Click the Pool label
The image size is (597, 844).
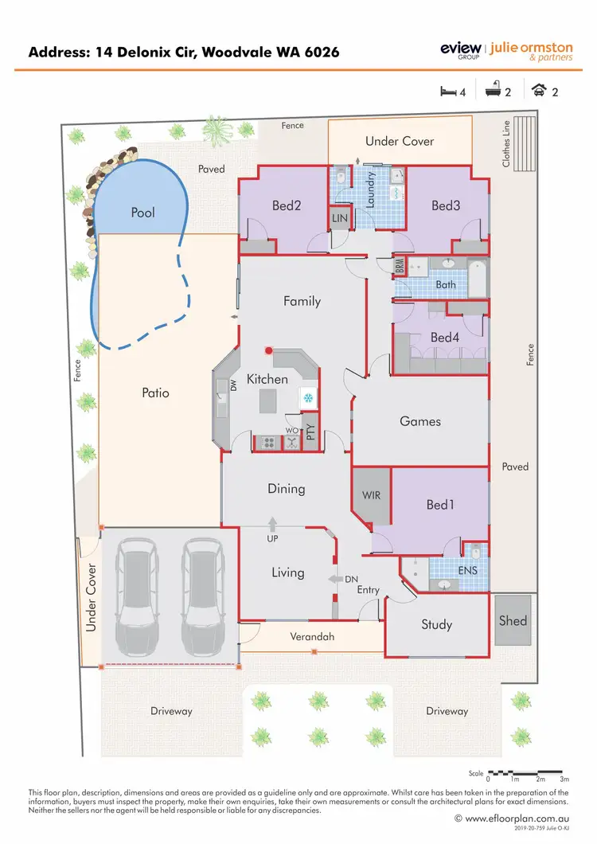pos(143,213)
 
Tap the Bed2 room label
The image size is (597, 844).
pos(287,205)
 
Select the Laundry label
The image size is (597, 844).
pos(370,192)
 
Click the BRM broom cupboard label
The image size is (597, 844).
pos(400,265)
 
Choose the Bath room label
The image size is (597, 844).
pos(446,284)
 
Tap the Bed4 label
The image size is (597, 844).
pos(445,338)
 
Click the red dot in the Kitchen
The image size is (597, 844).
pos(269,350)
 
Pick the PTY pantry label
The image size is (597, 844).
pos(311,432)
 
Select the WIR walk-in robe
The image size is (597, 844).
pos(371,495)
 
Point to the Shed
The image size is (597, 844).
pos(513,620)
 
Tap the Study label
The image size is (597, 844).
pos(437,625)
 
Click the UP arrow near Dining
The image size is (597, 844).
pos(272,524)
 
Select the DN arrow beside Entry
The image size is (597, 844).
pos(333,578)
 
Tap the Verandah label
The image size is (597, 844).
pos(311,637)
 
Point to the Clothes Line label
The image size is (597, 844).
pos(505,143)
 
